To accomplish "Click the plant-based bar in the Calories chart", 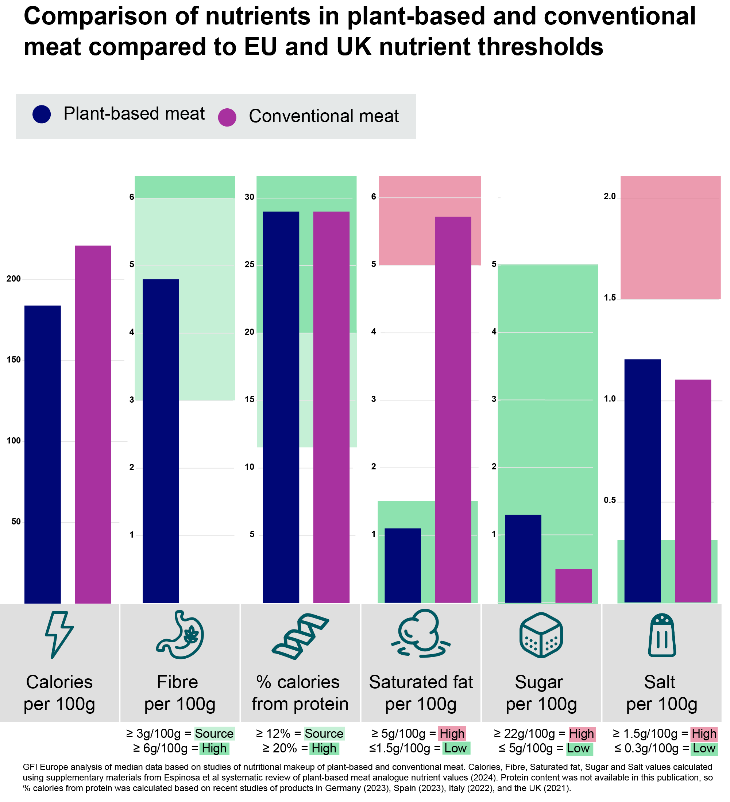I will tap(43, 453).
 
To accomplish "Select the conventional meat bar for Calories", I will tap(93, 424).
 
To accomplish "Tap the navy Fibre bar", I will tap(161, 441).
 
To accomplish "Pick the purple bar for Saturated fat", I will tap(453, 410).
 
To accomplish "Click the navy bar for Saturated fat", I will tap(402, 565).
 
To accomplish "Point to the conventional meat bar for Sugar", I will tap(573, 586).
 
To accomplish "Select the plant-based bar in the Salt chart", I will tap(642, 481).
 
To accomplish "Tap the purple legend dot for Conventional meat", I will tap(227, 117).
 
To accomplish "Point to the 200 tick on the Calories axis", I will tap(13, 279).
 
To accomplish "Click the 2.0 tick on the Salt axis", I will tap(609, 197).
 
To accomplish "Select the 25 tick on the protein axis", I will tap(249, 265).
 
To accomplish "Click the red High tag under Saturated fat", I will tap(452, 733).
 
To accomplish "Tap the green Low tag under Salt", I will tap(704, 749).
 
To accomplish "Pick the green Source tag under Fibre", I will tap(214, 733).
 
